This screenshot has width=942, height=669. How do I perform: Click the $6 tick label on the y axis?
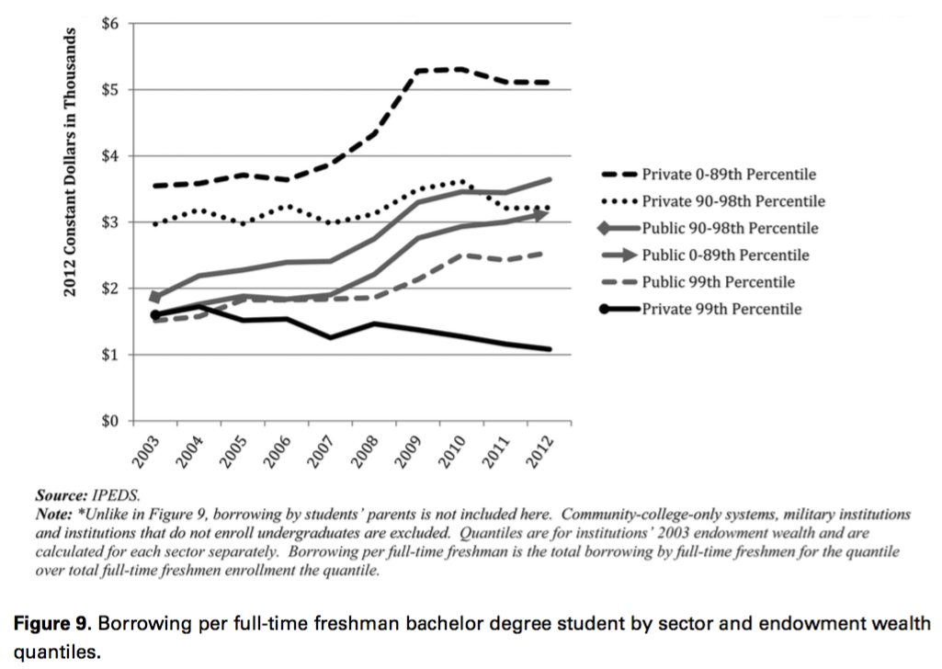click(x=110, y=23)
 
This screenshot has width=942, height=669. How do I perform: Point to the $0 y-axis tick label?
click(x=110, y=421)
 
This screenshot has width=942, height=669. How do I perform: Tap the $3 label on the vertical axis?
click(x=110, y=222)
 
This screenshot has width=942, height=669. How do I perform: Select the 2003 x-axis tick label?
click(x=145, y=451)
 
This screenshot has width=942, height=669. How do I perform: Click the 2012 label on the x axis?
click(x=539, y=451)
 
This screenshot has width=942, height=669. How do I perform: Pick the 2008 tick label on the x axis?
click(x=364, y=451)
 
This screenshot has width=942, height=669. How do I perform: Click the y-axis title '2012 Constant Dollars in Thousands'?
click(x=70, y=162)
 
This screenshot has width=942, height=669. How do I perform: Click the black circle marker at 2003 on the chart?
click(x=155, y=314)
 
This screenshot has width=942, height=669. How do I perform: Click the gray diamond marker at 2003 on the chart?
click(x=155, y=297)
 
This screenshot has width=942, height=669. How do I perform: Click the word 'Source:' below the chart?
click(x=62, y=496)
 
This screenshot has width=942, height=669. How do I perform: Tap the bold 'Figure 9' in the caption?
click(x=51, y=624)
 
